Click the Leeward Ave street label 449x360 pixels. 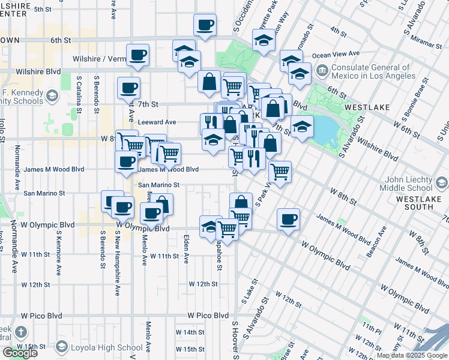[x=157, y=122]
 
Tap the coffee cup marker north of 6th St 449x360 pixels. [x=205, y=25]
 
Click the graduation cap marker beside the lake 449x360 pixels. [x=303, y=127]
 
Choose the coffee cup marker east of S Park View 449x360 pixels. [x=288, y=218]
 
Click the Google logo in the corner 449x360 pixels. [x=20, y=353]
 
